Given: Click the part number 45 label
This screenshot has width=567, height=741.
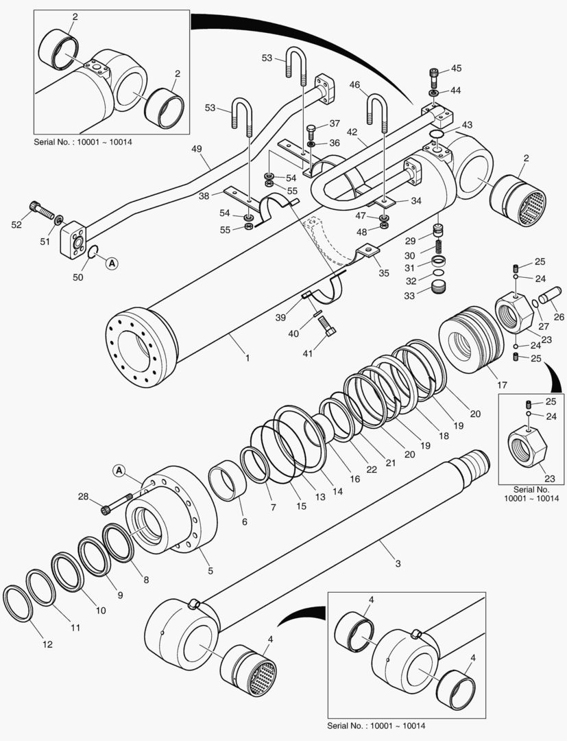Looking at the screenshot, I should [x=456, y=68].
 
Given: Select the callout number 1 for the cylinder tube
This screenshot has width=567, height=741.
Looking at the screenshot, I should [x=247, y=357].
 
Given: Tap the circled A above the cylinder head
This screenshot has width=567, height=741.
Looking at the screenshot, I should [x=119, y=471].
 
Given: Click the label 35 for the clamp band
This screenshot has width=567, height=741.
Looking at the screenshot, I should [x=384, y=273].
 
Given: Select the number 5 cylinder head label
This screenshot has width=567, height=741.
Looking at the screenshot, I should [x=210, y=571].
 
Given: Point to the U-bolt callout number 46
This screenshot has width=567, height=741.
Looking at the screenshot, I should [x=355, y=85].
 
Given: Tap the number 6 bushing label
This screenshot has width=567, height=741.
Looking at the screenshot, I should [x=244, y=522].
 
